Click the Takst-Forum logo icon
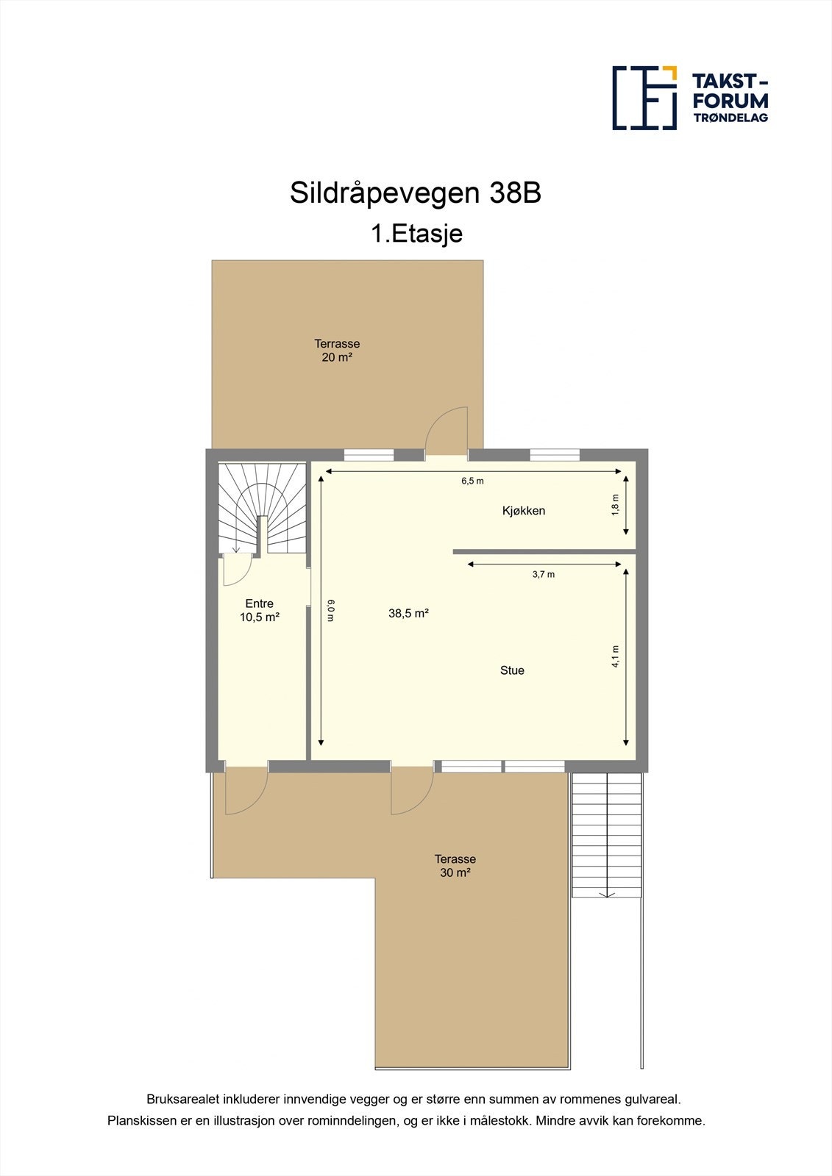[644, 98]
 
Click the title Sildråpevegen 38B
[416, 193]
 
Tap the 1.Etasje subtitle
[416, 234]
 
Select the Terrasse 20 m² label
[337, 351]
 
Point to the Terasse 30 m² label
[455, 866]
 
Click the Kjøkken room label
[524, 511]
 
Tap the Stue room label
[512, 670]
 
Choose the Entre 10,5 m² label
[259, 611]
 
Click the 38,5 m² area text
[408, 613]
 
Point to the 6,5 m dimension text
[472, 481]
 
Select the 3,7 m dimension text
[544, 575]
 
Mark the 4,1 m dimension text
[616, 656]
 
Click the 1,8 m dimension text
[616, 504]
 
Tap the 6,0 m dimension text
[330, 610]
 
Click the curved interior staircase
[262, 507]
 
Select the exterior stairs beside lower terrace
[607, 834]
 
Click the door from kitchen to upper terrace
[447, 434]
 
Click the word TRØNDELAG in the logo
[730, 118]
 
